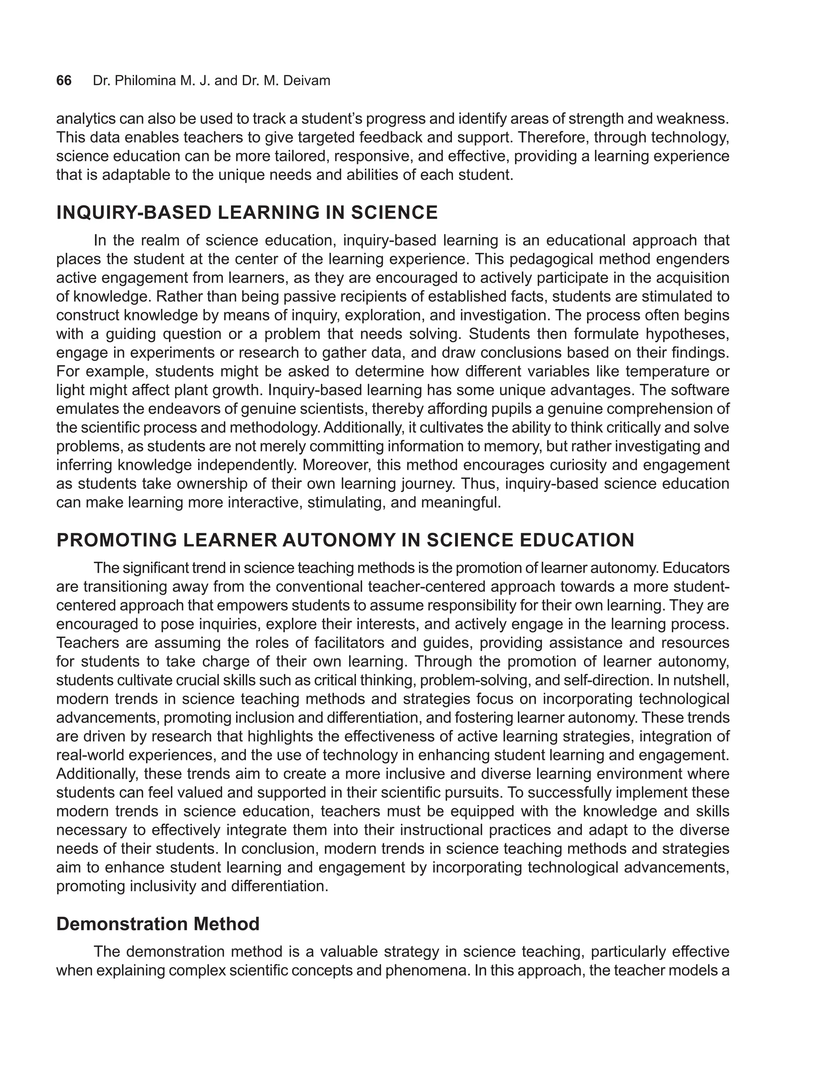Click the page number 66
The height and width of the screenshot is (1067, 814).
(64, 80)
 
